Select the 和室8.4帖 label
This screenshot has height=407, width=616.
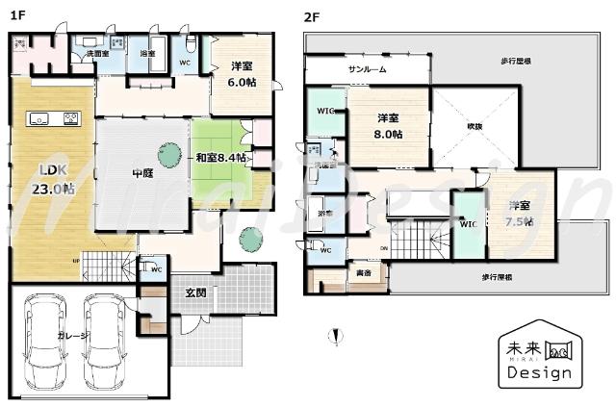pos(220,158)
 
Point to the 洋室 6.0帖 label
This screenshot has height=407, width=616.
pos(243,74)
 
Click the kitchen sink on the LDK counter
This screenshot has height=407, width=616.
pos(39,118)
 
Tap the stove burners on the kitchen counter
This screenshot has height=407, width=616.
pos(71,118)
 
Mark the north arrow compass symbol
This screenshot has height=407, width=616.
pos(334,337)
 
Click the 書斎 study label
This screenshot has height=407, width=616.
pos(364,272)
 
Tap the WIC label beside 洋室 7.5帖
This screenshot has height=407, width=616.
pos(469,224)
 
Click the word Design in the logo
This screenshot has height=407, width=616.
pos(537,372)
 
